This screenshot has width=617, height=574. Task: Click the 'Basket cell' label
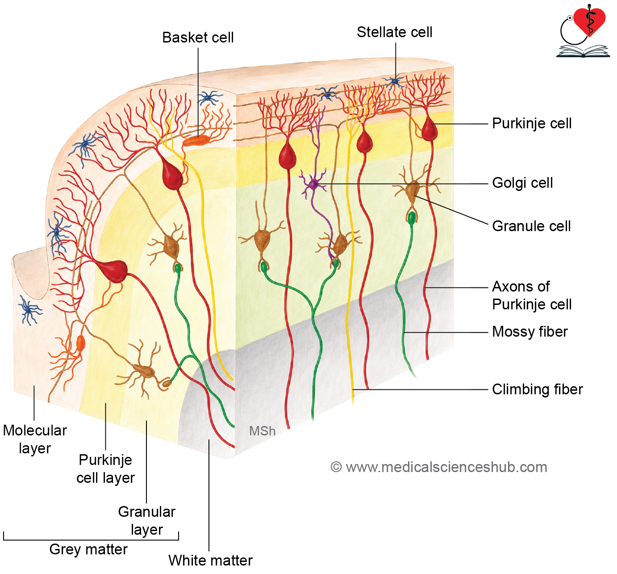198,38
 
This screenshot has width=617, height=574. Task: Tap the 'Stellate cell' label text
394,32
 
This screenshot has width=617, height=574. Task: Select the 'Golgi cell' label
522,183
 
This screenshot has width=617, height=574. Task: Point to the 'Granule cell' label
531,226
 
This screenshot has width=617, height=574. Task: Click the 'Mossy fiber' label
529,332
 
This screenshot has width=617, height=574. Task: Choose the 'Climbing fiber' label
537,389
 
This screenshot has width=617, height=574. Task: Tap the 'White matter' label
210,561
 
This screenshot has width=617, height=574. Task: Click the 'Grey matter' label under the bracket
88,549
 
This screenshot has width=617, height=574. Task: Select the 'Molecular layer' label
35,439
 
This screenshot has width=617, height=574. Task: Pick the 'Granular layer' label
146,521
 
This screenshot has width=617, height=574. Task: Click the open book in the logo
583,51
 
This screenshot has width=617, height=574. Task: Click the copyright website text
439,467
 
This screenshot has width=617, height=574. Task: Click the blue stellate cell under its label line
395,81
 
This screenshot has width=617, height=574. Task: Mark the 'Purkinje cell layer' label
106,469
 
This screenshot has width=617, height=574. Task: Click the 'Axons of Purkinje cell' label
532,295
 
